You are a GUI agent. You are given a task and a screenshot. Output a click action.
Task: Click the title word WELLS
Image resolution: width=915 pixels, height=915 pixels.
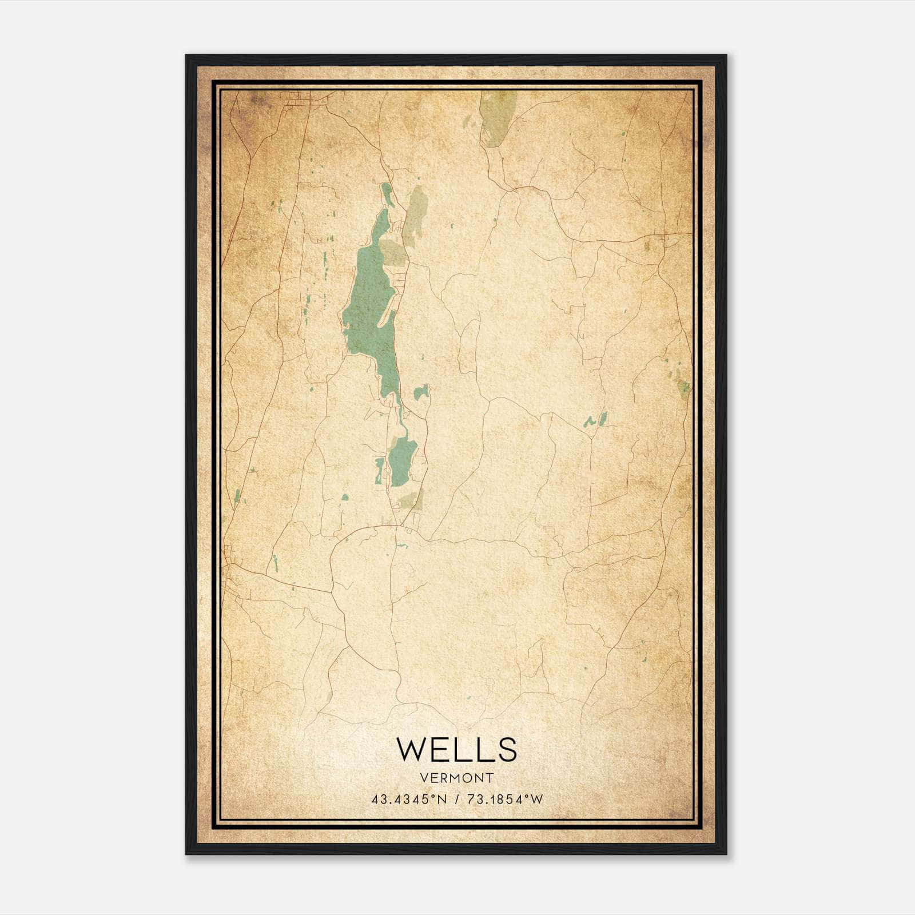(456, 750)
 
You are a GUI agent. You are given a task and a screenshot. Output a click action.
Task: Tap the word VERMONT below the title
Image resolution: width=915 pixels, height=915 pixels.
(456, 778)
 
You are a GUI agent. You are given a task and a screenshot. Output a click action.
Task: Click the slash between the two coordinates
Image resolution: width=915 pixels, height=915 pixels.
(456, 799)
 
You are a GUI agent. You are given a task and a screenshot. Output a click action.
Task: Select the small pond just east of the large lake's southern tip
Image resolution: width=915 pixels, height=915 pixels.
(422, 392)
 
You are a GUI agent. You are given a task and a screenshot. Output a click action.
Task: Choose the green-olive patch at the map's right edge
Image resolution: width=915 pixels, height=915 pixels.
(683, 387)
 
